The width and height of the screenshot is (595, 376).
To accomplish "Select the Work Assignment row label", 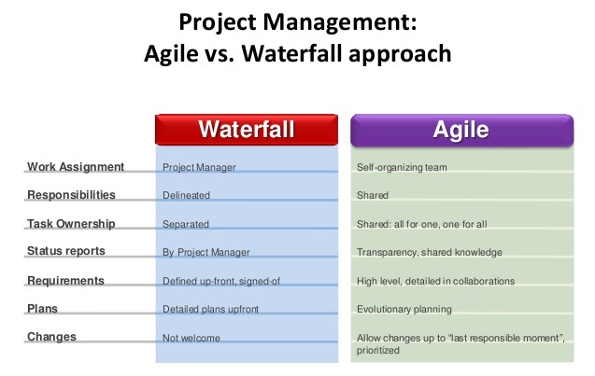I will coord(75,167).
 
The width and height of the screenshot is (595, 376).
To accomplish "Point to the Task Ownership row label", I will coord(72,224).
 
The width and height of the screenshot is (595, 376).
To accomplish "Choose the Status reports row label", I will coord(65,252).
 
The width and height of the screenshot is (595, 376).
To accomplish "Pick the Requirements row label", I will coord(65,280).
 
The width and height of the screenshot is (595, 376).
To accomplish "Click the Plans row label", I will coord(43,308).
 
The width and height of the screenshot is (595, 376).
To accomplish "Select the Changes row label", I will coord(50,337).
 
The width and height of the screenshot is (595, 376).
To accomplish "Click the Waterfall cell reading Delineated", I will coord(186,196).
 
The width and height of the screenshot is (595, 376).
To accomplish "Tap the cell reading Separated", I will coord(186,225).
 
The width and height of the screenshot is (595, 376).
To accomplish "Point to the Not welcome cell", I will coord(191,338).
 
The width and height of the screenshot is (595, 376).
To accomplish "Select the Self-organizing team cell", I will coord(402,168).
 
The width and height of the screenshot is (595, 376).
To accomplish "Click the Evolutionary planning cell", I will coord(404,309).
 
